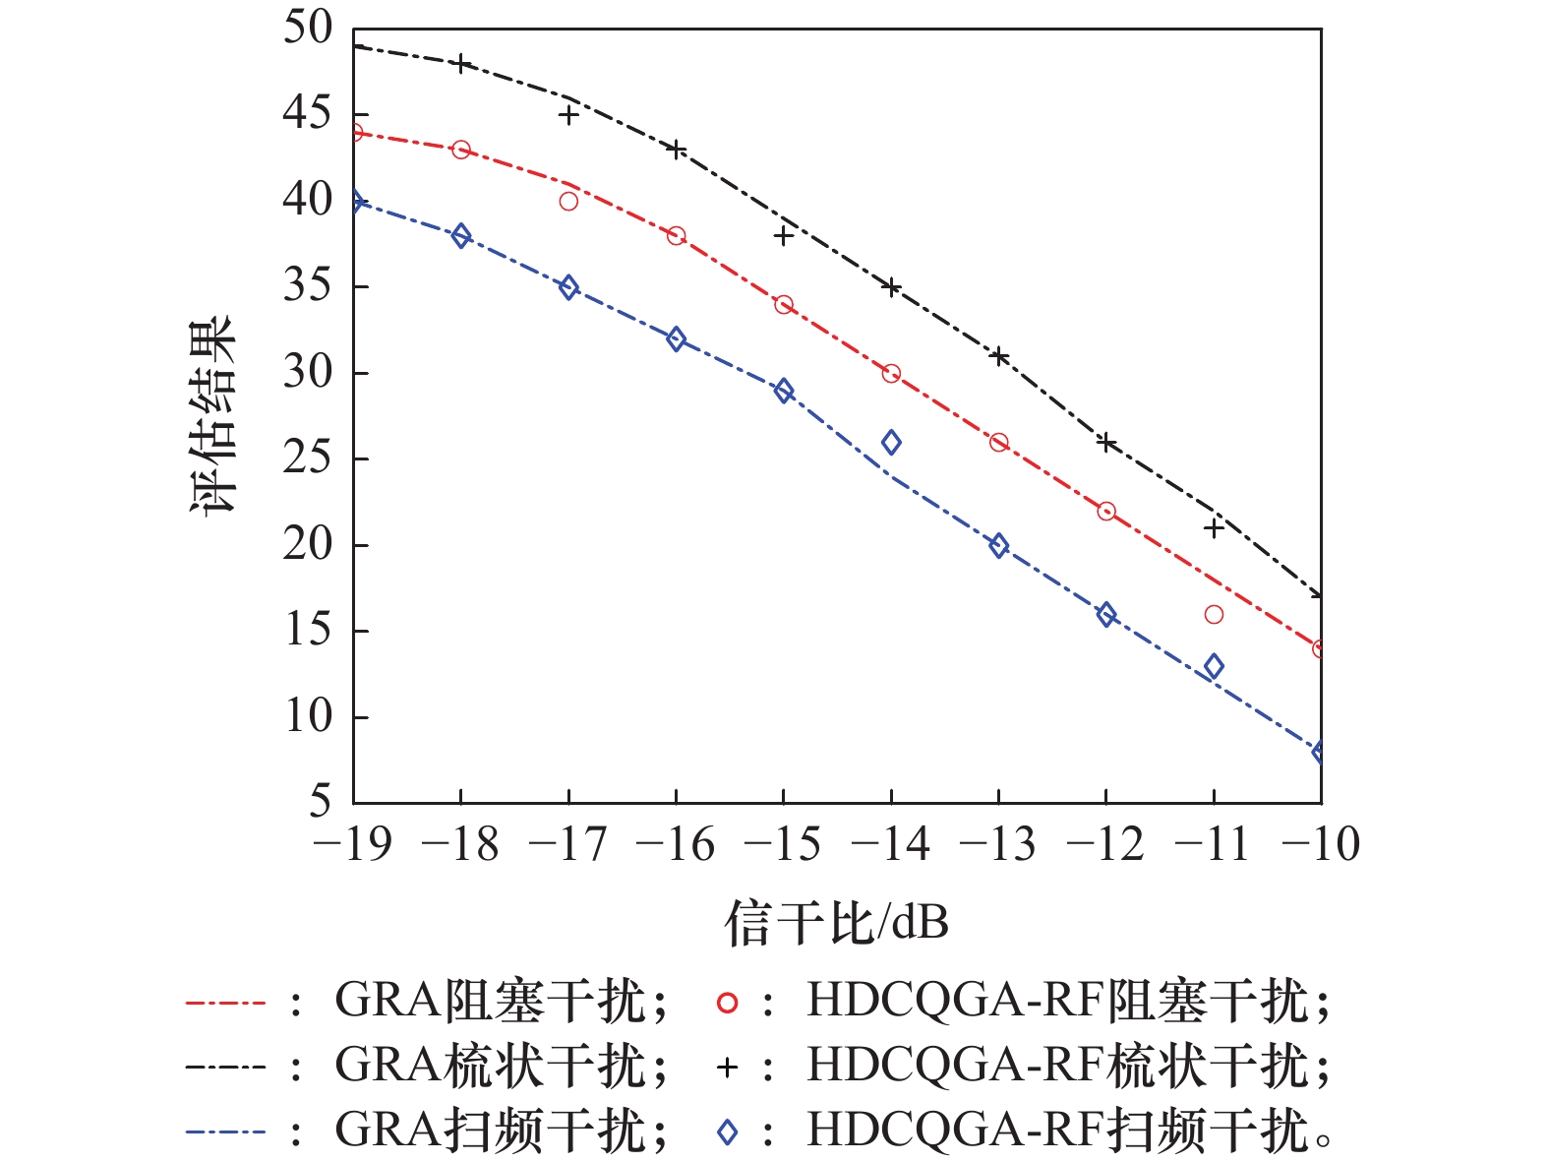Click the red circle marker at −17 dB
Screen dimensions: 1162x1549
coord(568,202)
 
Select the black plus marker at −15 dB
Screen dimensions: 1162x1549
coord(784,236)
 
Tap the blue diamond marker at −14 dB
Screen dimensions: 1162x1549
coord(891,443)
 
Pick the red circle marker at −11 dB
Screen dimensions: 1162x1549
coord(1214,615)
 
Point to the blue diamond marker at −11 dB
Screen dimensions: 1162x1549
coord(1214,666)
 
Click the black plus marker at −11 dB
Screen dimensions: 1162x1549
coord(1214,529)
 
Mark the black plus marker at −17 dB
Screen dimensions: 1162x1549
coord(568,115)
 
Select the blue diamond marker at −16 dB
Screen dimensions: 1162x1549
coord(676,339)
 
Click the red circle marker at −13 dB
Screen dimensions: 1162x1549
coord(999,443)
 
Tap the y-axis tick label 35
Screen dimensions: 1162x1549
coord(307,286)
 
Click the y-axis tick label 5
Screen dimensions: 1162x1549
coord(320,802)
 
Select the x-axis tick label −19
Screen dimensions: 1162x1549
coord(351,844)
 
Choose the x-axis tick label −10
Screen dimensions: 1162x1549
coord(1320,844)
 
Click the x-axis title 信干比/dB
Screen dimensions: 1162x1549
coord(837,924)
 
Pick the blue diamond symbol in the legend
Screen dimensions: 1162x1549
coord(727,1132)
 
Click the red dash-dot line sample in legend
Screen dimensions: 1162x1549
coord(225,1004)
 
